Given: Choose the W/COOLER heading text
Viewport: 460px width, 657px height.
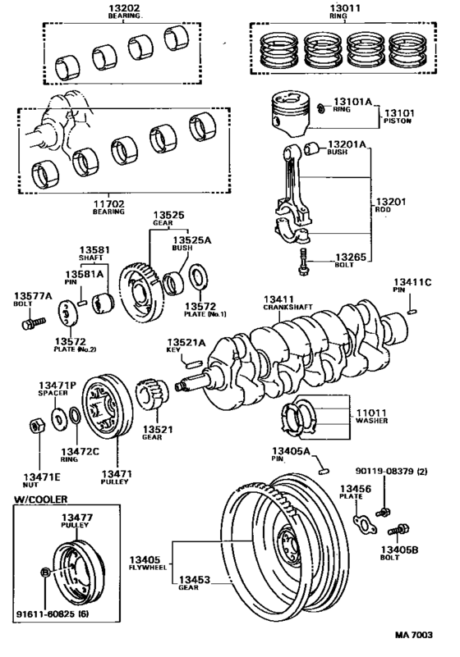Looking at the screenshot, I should click(40, 498).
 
